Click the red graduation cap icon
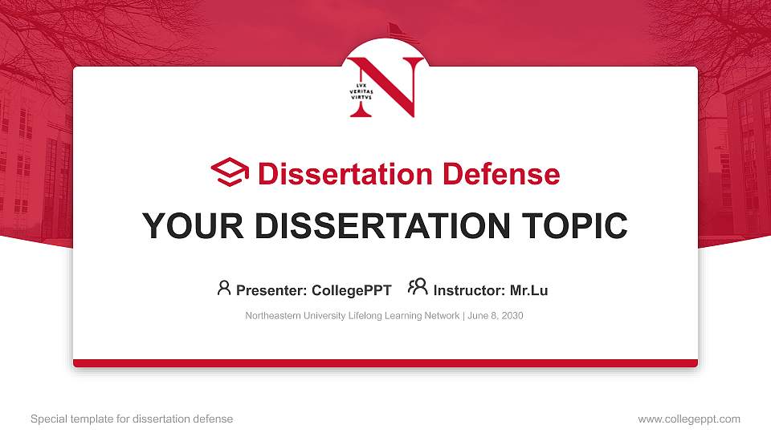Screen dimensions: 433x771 pyautogui.click(x=230, y=172)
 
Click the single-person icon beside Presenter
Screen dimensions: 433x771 pyautogui.click(x=224, y=288)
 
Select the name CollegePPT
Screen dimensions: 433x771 pyautogui.click(x=351, y=290)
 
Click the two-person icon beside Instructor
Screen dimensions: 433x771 pyautogui.click(x=418, y=288)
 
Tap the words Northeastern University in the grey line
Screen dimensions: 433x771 pyautogui.click(x=290, y=316)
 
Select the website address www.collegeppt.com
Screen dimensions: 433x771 pyautogui.click(x=688, y=419)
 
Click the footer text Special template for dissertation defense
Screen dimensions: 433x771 pyautogui.click(x=132, y=419)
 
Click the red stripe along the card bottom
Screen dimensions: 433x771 pyautogui.click(x=385, y=363)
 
